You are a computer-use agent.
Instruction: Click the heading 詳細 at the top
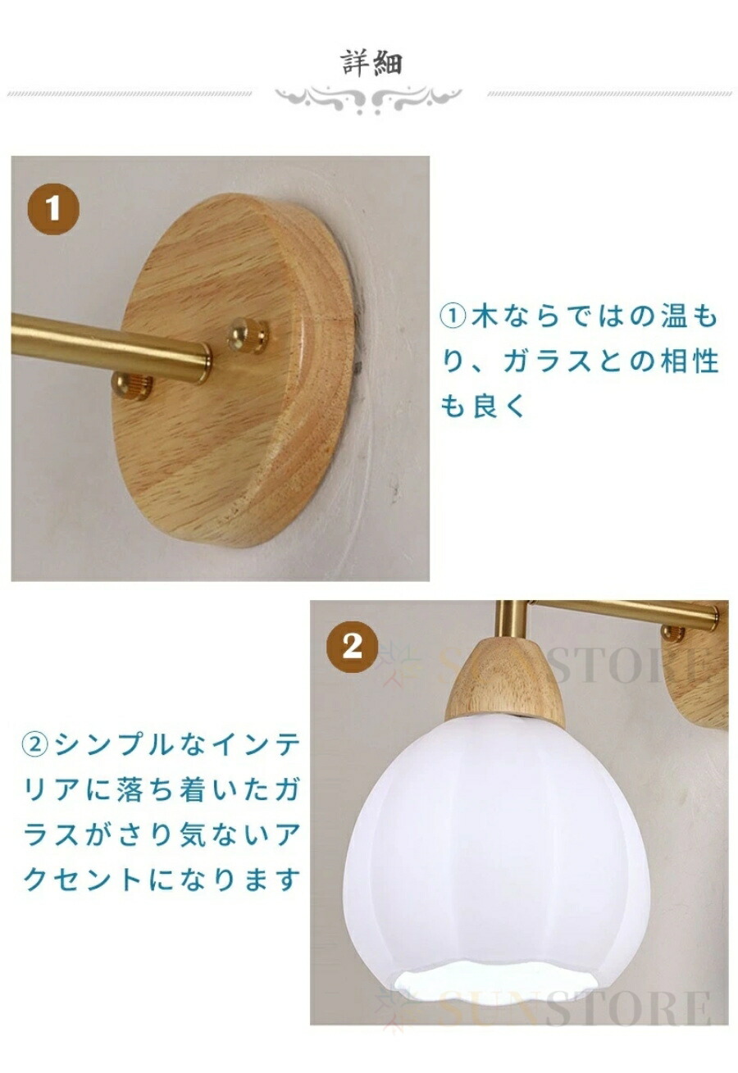(372, 63)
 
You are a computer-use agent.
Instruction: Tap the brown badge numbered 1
(52, 209)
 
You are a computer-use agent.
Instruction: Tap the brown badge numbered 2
(353, 647)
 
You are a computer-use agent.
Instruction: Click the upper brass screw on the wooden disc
(248, 334)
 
